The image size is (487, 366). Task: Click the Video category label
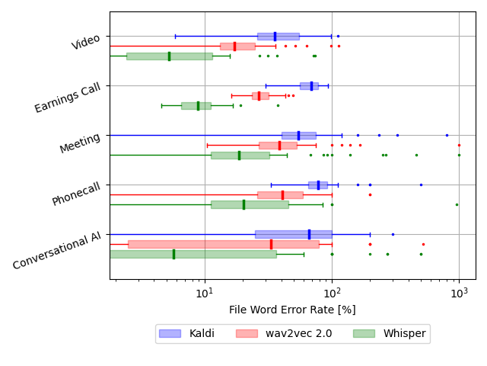click(86, 42)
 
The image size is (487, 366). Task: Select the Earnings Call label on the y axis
click(68, 98)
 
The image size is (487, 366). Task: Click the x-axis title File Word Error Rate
click(292, 310)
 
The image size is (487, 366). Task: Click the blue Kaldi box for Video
click(278, 36)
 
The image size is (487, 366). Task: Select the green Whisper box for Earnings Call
click(196, 105)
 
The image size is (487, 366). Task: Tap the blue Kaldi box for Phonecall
click(317, 185)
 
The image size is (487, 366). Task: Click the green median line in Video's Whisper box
click(169, 56)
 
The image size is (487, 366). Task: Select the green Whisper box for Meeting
click(240, 155)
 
